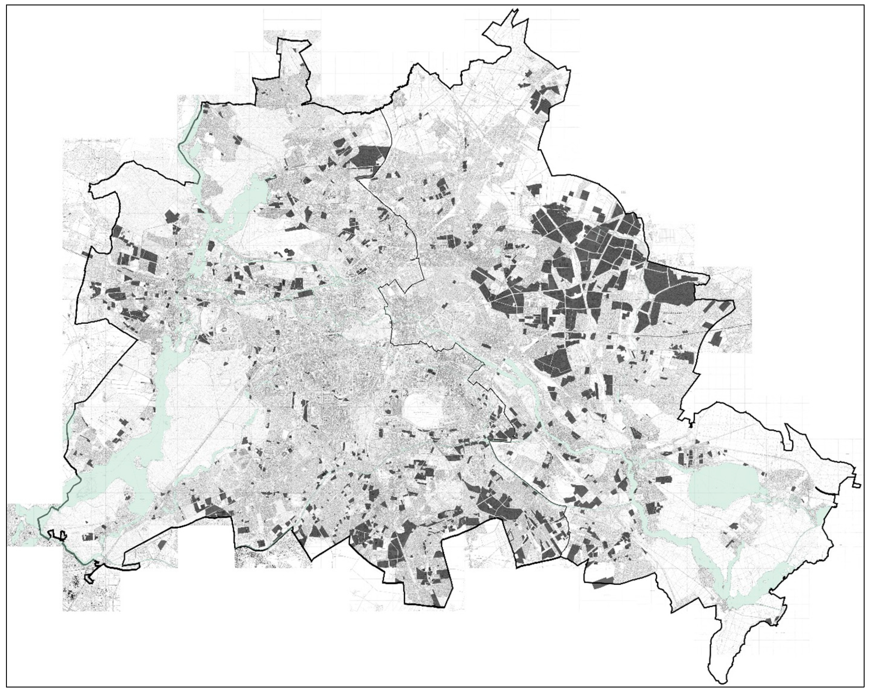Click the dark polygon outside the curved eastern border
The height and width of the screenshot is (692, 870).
point(716,338)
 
